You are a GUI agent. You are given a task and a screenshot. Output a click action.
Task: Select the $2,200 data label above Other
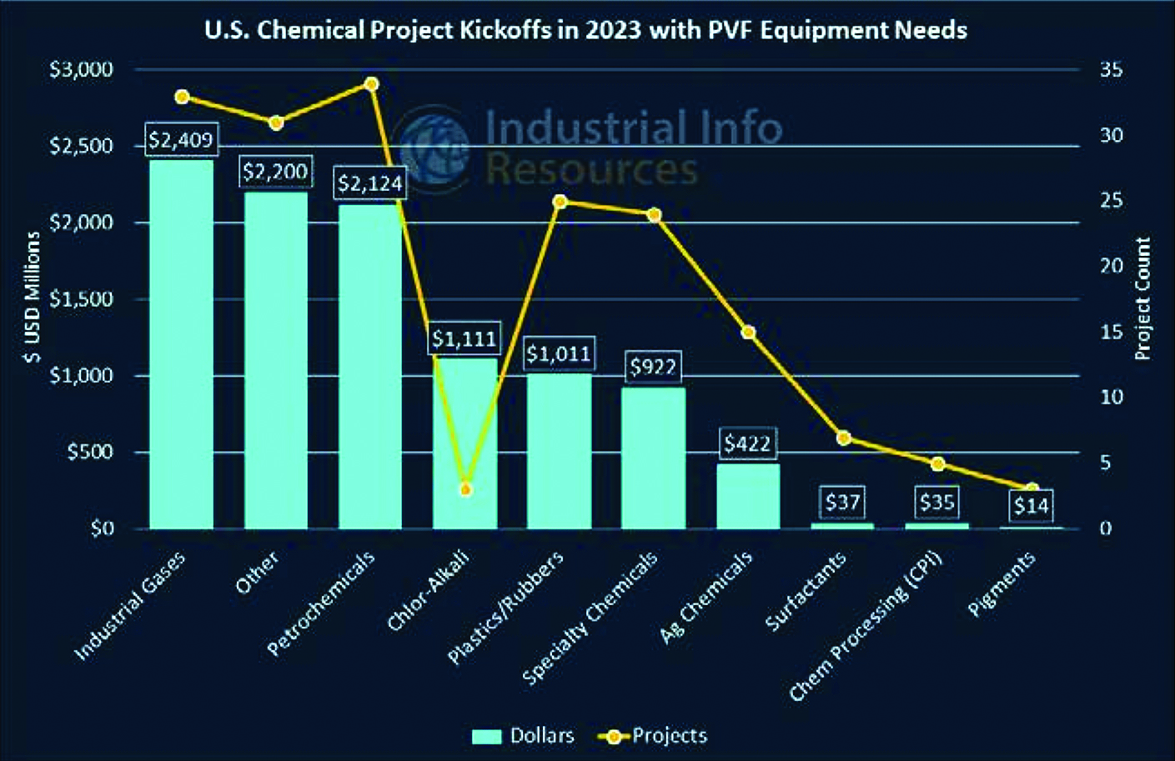pos(275,173)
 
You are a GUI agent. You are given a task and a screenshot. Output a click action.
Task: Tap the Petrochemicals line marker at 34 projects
pos(372,84)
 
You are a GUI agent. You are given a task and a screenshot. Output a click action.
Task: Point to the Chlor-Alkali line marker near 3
pos(465,489)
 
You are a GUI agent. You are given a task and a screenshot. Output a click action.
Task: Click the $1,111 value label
pos(464,339)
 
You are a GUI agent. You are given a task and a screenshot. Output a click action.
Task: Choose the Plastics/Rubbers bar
pos(559,450)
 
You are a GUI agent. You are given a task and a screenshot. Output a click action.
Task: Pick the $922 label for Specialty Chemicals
pos(653,367)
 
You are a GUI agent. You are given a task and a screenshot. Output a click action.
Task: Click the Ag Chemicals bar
pos(748,495)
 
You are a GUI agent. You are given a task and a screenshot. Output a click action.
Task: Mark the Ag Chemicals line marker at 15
pos(748,333)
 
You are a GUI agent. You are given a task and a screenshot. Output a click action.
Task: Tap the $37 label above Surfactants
pos(842,503)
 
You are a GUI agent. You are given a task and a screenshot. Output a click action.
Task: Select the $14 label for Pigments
pos(1031,505)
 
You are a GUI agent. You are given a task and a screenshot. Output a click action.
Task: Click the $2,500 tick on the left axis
pos(81,147)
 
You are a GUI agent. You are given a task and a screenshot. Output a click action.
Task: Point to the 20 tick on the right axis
pos(1111,266)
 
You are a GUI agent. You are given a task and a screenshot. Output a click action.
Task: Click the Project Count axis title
pos(1142,298)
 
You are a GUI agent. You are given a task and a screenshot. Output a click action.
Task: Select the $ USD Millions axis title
pos(33,297)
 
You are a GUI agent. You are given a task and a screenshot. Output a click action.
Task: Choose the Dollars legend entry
pos(523,736)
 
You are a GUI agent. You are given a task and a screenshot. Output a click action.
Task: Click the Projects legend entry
pos(654,736)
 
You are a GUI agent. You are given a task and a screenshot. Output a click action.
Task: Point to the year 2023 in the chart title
pos(612,31)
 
